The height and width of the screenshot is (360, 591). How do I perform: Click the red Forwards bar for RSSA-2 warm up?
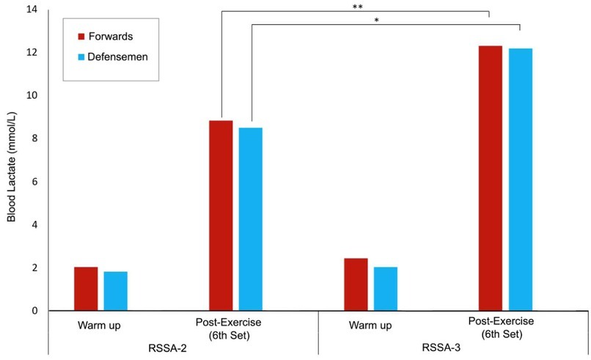tap(86, 289)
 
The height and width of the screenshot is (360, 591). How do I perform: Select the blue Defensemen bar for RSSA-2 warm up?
tap(115, 291)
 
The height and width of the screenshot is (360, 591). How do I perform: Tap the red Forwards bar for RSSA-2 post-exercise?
tap(221, 216)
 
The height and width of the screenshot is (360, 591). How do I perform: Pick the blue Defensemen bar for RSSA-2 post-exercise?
tap(250, 219)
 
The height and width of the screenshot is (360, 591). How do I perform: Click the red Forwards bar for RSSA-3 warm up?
tap(356, 284)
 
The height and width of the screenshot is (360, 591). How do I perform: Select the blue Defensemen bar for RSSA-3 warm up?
tap(385, 289)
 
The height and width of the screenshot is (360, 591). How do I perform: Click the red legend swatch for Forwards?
tap(81, 35)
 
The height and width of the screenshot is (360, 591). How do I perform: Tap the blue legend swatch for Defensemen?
tap(81, 56)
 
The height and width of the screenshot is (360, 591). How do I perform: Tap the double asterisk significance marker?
tap(357, 7)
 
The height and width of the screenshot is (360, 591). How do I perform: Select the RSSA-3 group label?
tap(444, 348)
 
